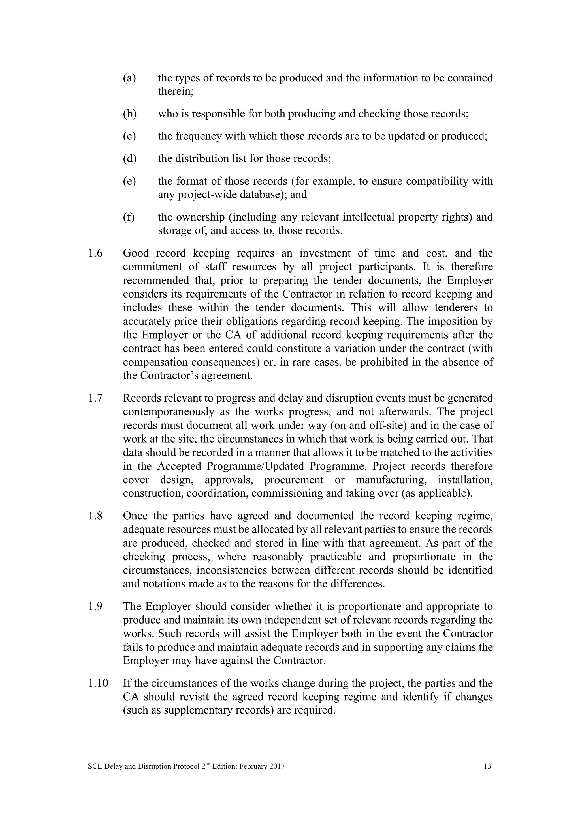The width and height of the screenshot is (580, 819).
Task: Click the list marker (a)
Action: (x=129, y=78)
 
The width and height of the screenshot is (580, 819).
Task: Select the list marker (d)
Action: (x=130, y=158)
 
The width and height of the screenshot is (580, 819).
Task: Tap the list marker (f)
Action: (x=129, y=217)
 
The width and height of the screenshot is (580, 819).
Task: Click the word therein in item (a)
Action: (x=175, y=92)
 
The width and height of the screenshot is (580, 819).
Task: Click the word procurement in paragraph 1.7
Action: (x=294, y=480)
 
